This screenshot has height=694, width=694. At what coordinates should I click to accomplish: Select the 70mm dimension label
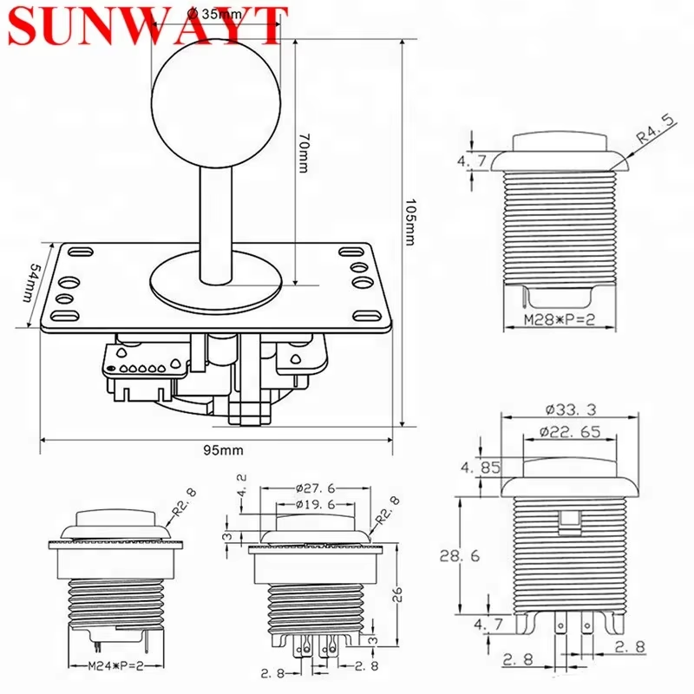(303, 154)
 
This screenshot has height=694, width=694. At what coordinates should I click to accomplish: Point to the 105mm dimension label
(410, 221)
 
